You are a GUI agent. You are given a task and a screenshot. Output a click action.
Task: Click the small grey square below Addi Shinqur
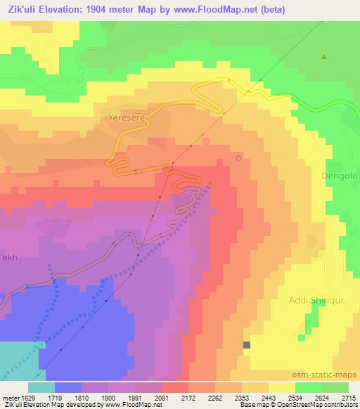tap(247, 345)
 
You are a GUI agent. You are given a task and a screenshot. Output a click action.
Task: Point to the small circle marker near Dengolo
tap(239, 159)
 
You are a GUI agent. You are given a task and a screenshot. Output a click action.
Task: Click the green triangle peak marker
tap(324, 56)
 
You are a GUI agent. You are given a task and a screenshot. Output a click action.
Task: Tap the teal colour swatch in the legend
tap(41, 387)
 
